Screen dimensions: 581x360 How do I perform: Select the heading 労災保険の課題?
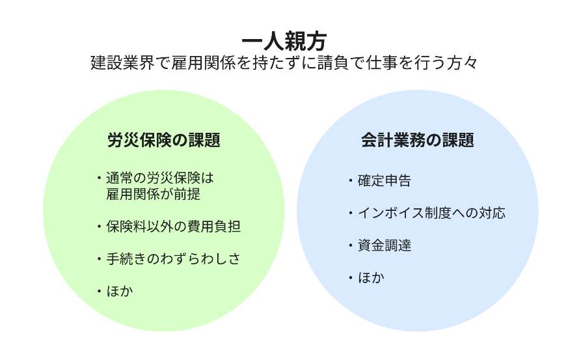click(163, 140)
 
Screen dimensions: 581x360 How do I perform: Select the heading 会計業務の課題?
click(417, 140)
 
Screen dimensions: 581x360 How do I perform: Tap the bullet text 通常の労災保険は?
click(159, 178)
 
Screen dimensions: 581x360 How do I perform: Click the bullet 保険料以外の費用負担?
click(173, 227)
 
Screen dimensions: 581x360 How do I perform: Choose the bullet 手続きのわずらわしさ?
click(173, 258)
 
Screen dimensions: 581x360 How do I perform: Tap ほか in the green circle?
click(119, 291)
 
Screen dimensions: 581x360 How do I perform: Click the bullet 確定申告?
click(384, 181)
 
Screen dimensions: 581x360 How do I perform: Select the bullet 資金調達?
click(384, 245)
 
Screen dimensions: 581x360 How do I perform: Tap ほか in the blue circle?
click(371, 278)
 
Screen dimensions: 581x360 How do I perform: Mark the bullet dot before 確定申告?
click(349, 181)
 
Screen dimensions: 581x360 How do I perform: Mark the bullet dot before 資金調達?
click(349, 245)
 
